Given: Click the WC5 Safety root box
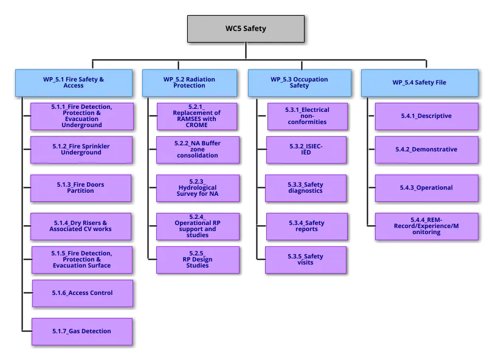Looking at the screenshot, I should click(246, 29).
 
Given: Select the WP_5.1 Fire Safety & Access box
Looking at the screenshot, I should click(74, 83).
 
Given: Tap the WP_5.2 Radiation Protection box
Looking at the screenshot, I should click(189, 83).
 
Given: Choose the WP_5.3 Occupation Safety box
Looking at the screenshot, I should click(299, 83).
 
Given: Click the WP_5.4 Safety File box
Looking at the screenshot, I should click(419, 83).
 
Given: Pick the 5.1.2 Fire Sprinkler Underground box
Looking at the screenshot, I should click(81, 150).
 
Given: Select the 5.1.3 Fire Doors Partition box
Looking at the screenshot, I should click(81, 188).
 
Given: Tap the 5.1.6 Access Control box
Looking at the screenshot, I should click(82, 293).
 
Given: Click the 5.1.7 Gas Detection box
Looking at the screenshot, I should click(82, 331).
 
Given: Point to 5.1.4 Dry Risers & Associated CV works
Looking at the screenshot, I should click(81, 226).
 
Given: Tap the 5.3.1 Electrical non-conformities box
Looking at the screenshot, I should click(306, 116).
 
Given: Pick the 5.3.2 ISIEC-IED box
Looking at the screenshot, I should click(306, 150).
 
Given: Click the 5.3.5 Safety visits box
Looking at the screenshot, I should click(306, 260).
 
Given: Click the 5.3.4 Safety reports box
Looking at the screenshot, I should click(306, 226).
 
